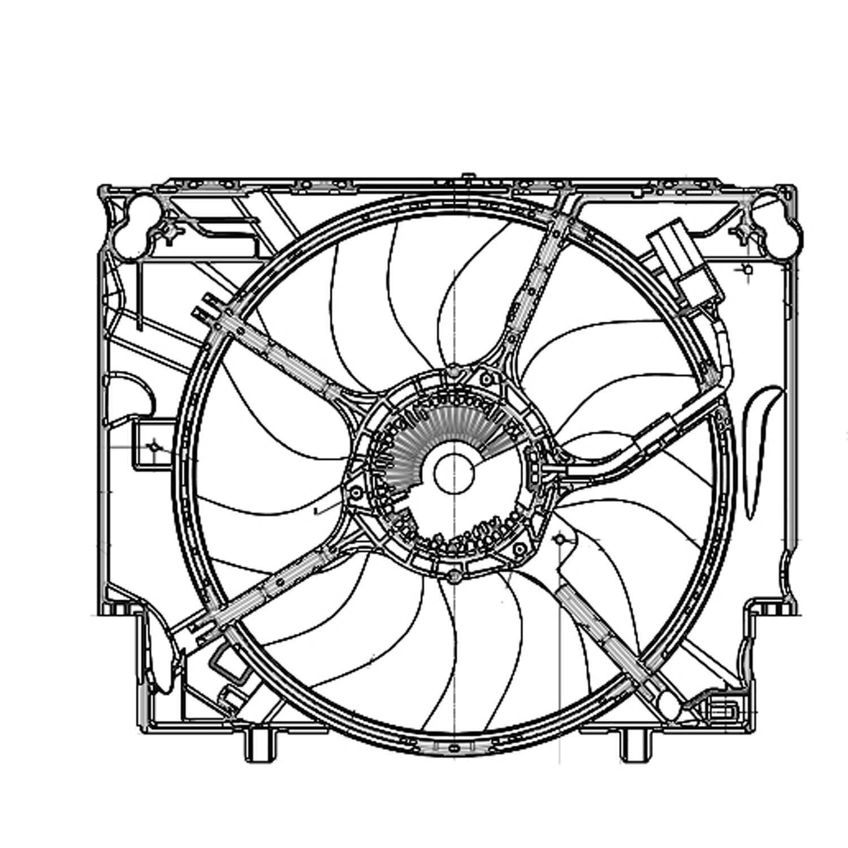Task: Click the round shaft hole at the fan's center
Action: point(453,474)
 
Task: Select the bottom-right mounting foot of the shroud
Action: point(635,745)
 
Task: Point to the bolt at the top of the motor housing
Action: point(453,373)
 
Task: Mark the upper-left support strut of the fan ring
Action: point(283,356)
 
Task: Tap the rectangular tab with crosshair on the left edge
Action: point(152,445)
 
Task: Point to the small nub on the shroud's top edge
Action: point(467,176)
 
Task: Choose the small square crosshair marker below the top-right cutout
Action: point(747,270)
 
